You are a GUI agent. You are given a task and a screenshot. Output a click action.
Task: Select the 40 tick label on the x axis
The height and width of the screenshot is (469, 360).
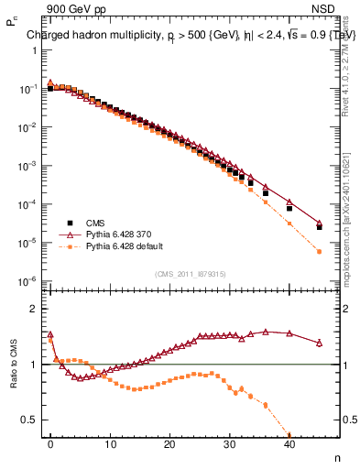tap(289, 444)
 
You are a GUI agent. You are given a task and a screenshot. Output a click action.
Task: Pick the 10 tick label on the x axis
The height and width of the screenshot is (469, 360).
tap(110, 444)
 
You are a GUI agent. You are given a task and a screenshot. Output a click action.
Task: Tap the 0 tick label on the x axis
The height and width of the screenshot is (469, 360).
tap(50, 444)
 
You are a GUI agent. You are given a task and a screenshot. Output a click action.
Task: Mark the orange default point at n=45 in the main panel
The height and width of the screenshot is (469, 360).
tap(319, 251)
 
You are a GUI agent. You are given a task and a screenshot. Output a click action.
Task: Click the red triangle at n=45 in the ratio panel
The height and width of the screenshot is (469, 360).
tap(319, 343)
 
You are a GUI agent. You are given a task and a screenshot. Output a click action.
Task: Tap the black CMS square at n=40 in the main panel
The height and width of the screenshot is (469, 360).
tap(289, 208)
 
